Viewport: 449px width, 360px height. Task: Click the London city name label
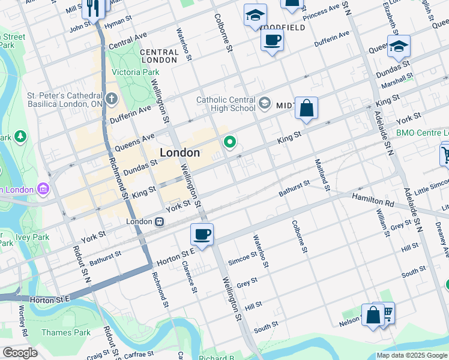[x=179, y=152]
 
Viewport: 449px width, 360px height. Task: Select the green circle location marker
[x=229, y=142]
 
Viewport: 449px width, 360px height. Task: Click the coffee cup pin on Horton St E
[x=202, y=235]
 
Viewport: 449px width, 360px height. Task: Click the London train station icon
[x=159, y=221]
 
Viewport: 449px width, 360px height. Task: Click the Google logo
[x=20, y=352]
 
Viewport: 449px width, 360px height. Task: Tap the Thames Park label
[x=65, y=332]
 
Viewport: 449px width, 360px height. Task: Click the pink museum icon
[x=43, y=190]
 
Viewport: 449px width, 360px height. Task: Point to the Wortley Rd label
[x=23, y=321]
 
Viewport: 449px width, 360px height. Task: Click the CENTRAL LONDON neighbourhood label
[x=159, y=56]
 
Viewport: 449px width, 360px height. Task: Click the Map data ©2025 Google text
[x=412, y=355]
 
